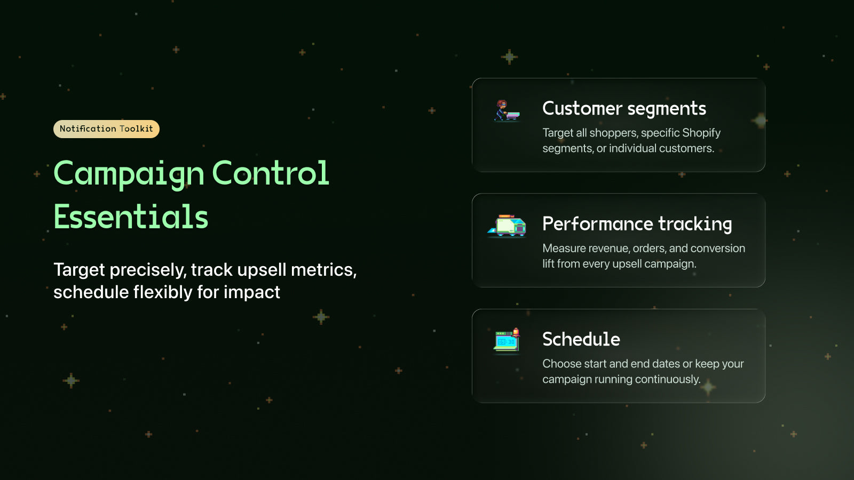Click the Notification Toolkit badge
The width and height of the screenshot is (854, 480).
tap(106, 129)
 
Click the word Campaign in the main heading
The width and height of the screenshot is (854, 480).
tap(129, 173)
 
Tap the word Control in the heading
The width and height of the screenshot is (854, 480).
tap(270, 173)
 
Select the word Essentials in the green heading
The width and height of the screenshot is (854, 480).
tap(131, 217)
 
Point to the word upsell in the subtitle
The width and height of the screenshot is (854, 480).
tap(262, 270)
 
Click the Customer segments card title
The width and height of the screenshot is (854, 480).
tap(624, 109)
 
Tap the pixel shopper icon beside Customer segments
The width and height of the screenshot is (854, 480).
tap(507, 111)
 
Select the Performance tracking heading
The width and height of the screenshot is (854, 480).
tap(637, 224)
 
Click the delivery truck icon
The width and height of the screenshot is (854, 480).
tap(507, 226)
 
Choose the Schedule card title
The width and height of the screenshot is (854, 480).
tap(581, 339)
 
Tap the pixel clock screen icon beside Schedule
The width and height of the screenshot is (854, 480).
tap(507, 341)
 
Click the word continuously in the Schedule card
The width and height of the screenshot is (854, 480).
tap(667, 379)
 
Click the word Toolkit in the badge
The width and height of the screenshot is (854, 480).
tap(136, 129)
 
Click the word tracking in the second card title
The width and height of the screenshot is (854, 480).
tap(695, 224)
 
